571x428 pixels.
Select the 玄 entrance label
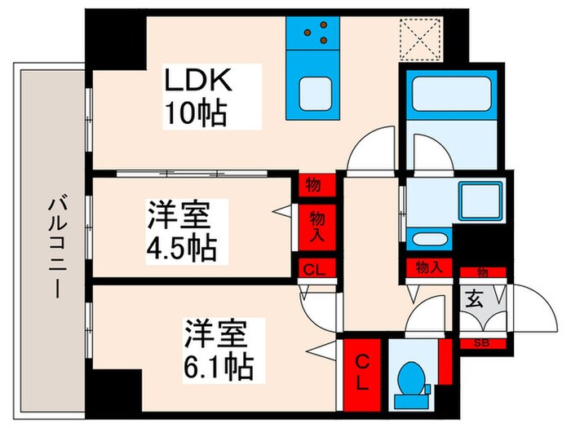click(475, 299)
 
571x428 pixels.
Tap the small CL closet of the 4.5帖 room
click(312, 270)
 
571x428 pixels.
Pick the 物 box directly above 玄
click(481, 272)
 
